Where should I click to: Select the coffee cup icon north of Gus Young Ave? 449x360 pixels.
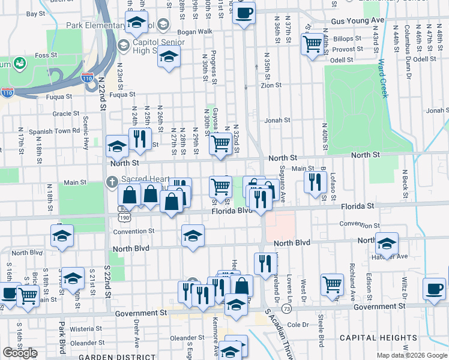pos(244,13)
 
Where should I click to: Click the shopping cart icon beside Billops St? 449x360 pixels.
pos(312,44)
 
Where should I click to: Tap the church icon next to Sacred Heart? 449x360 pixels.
pos(112,181)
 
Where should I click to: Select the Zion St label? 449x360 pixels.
pos(271,86)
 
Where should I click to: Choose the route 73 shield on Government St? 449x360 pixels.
pos(286,308)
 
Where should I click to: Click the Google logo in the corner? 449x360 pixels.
pos(19,353)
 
